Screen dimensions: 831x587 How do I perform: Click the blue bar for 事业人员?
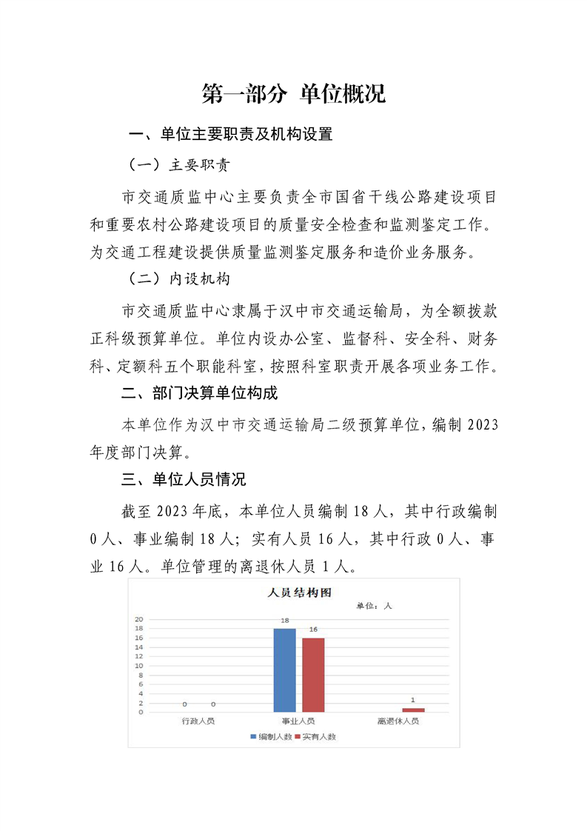point(284,670)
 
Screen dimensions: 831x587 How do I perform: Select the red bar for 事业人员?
point(313,675)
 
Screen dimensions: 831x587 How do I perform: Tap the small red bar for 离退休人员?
point(413,710)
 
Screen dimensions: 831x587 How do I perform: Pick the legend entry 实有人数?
point(315,737)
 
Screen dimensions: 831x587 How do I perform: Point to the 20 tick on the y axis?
point(139,619)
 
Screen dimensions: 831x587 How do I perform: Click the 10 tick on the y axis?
point(139,666)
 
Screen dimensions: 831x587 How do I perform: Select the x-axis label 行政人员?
point(198,721)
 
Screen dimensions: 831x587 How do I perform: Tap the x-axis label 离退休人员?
point(398,721)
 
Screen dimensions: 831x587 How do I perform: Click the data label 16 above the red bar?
point(313,630)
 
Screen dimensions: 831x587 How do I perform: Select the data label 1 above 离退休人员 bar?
point(413,700)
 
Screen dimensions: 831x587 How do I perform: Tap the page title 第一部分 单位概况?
point(293,94)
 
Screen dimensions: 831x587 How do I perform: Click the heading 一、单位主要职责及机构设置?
point(230,134)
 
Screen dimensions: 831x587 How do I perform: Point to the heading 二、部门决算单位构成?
point(199,393)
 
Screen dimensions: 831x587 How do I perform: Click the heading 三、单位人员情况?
point(184,479)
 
